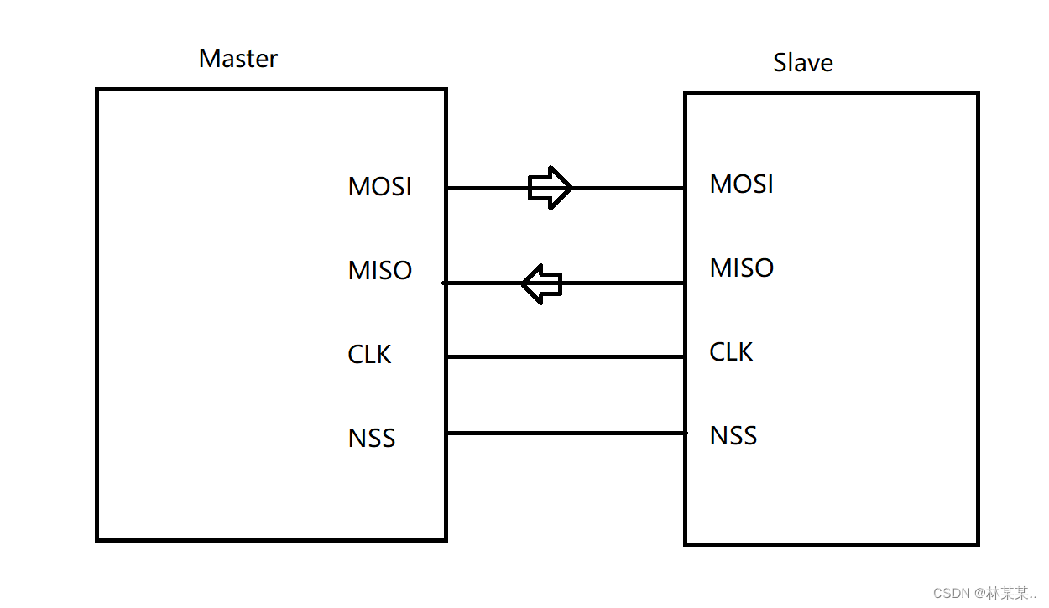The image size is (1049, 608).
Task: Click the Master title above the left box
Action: point(237,59)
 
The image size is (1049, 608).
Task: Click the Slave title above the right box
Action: point(802,63)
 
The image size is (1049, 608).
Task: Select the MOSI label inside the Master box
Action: point(379,186)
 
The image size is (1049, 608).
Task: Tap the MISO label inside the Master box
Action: point(379,270)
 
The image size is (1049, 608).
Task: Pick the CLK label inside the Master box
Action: point(369,355)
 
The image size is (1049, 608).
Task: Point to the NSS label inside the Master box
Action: point(371,439)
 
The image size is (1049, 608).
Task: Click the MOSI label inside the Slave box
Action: point(741,184)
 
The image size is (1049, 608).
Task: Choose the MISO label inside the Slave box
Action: point(741,268)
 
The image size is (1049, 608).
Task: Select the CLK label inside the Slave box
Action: point(731,352)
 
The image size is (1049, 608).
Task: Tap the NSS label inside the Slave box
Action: point(733,436)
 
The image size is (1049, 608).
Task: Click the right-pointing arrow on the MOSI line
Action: point(550,187)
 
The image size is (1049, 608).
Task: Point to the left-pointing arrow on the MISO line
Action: point(541,283)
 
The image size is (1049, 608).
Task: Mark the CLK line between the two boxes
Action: point(565,356)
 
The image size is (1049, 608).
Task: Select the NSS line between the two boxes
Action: point(565,433)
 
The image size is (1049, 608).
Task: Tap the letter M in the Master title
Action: point(207,59)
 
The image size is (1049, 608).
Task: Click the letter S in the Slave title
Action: point(780,63)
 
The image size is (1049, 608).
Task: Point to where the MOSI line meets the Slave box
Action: point(685,188)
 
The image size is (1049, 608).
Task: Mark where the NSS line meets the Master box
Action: point(446,433)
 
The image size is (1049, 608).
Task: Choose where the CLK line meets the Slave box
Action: point(685,356)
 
